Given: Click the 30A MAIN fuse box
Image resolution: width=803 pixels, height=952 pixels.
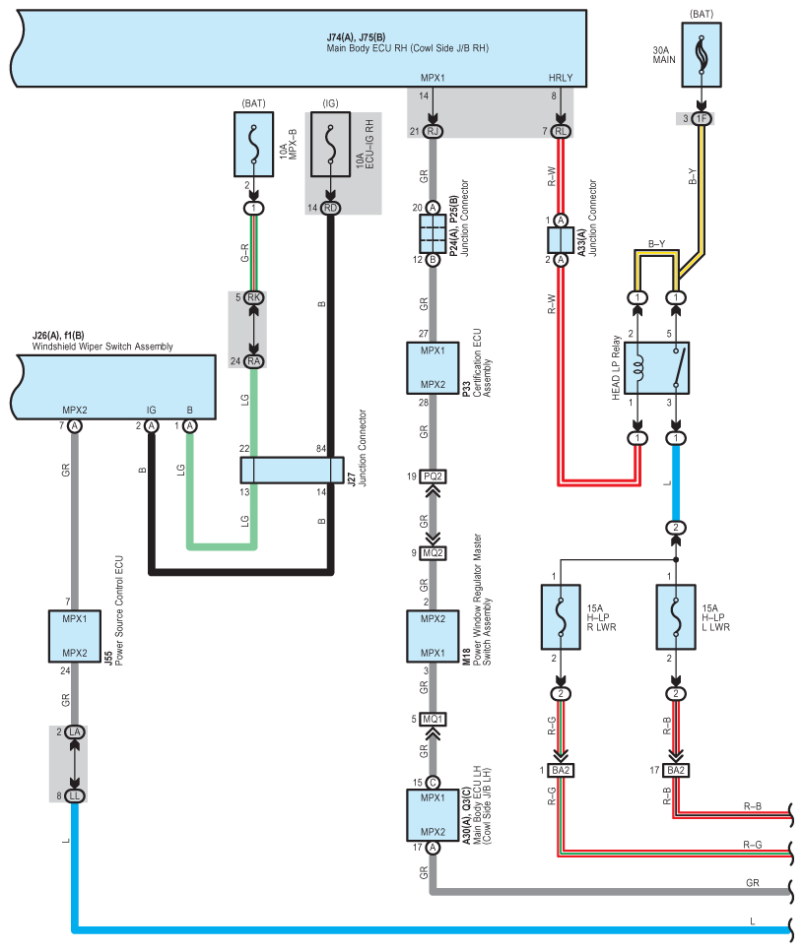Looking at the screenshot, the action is [x=702, y=55].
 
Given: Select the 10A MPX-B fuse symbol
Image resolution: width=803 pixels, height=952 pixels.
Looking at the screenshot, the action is [x=254, y=145].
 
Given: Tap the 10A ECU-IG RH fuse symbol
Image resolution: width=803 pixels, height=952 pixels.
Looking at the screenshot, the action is [x=330, y=145].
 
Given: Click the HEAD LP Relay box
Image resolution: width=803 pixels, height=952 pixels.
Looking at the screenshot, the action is [x=656, y=368].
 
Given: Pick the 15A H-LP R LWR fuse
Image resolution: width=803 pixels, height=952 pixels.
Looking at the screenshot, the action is [x=561, y=617].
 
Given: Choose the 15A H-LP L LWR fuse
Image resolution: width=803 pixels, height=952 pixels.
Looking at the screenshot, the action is [x=676, y=617].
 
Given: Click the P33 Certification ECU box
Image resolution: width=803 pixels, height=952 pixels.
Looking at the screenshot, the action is [x=433, y=368].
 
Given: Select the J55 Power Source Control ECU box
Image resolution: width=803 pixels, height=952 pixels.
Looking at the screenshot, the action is [x=75, y=636].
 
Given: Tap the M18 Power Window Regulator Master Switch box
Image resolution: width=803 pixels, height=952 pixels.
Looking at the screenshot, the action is [x=433, y=636].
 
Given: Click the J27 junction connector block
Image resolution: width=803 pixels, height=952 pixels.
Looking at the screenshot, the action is [x=293, y=470].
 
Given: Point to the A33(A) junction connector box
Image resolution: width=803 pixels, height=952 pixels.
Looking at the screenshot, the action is [x=561, y=240].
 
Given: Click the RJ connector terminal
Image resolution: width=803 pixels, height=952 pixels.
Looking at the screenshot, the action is [x=433, y=131].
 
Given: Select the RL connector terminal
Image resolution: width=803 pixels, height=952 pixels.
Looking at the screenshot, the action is [x=561, y=131].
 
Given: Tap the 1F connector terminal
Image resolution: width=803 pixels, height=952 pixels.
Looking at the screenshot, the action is [x=702, y=118].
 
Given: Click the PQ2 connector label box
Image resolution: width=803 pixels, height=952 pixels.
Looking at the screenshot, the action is [x=433, y=476].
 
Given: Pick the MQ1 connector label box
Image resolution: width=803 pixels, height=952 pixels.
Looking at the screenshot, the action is [x=433, y=719].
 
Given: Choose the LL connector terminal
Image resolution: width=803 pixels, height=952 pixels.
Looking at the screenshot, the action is [x=75, y=796].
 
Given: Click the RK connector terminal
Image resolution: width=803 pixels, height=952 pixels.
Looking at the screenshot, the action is [x=254, y=297].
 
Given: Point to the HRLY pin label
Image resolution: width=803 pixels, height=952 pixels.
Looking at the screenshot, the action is [x=560, y=78].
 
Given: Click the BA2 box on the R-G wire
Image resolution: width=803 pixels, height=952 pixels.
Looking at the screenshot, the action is [x=561, y=771].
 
